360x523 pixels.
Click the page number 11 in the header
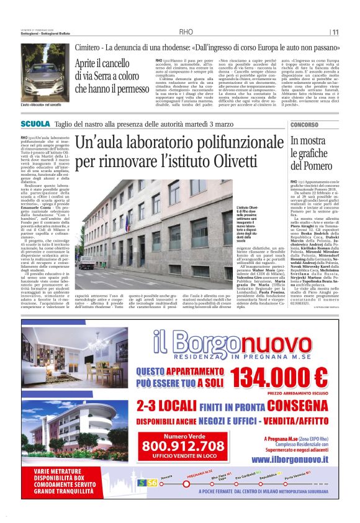[335, 32]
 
